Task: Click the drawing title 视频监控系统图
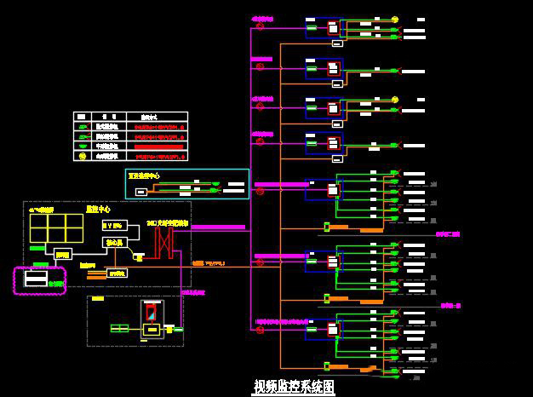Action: coord(294,387)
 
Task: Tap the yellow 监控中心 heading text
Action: coord(99,208)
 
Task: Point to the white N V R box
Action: coord(113,226)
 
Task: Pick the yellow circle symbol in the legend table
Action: coord(83,156)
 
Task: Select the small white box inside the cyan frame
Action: coord(140,192)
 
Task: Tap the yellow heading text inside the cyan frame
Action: coord(144,175)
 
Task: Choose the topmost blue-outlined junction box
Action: coord(324,27)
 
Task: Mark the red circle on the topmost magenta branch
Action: coord(261,28)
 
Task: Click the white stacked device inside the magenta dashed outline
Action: coord(36,279)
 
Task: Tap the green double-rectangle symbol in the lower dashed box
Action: coord(119,328)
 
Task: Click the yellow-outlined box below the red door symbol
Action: coord(153,330)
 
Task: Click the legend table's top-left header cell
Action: coord(81,116)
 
